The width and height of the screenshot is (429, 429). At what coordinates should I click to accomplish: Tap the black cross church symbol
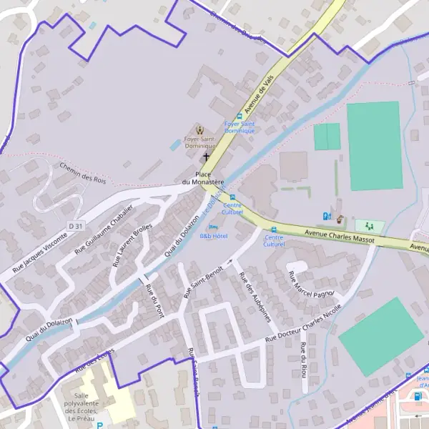pyautogui.click(x=207, y=156)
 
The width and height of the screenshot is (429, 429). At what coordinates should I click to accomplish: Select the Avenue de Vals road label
pyautogui.click(x=259, y=96)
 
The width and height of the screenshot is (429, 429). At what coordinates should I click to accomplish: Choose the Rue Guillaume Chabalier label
pyautogui.click(x=104, y=231)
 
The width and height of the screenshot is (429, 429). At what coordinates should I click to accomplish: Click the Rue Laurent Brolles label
pyautogui.click(x=132, y=245)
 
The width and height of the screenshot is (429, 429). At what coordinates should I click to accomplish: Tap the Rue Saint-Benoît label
pyautogui.click(x=203, y=281)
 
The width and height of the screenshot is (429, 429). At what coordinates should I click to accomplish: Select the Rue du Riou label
pyautogui.click(x=304, y=357)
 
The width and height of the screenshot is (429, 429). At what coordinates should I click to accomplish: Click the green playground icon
pyautogui.click(x=369, y=226)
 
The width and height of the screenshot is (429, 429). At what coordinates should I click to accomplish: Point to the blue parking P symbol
pyautogui.click(x=99, y=425)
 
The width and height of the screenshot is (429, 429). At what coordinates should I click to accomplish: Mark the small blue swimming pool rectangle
pyautogui.click(x=175, y=144)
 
